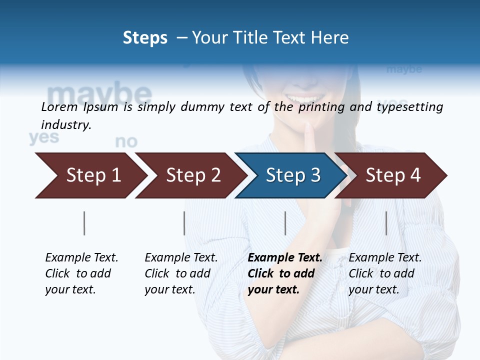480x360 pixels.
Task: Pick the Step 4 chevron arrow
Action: point(392,175)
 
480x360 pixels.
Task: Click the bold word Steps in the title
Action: point(145,38)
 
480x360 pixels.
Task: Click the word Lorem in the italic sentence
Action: point(59,107)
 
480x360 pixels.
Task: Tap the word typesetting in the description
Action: point(409,107)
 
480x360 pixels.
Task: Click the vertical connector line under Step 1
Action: point(84,223)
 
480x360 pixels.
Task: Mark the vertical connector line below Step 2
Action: point(184,223)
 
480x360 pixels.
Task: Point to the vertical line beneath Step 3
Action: point(285,223)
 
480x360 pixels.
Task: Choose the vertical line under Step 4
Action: point(386,223)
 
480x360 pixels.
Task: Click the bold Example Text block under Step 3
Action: point(284,273)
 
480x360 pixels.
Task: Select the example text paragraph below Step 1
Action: point(81,273)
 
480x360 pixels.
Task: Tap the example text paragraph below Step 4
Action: point(385,273)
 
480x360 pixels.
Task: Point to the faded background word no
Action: point(126,142)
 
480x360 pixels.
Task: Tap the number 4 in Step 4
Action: point(414,175)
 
